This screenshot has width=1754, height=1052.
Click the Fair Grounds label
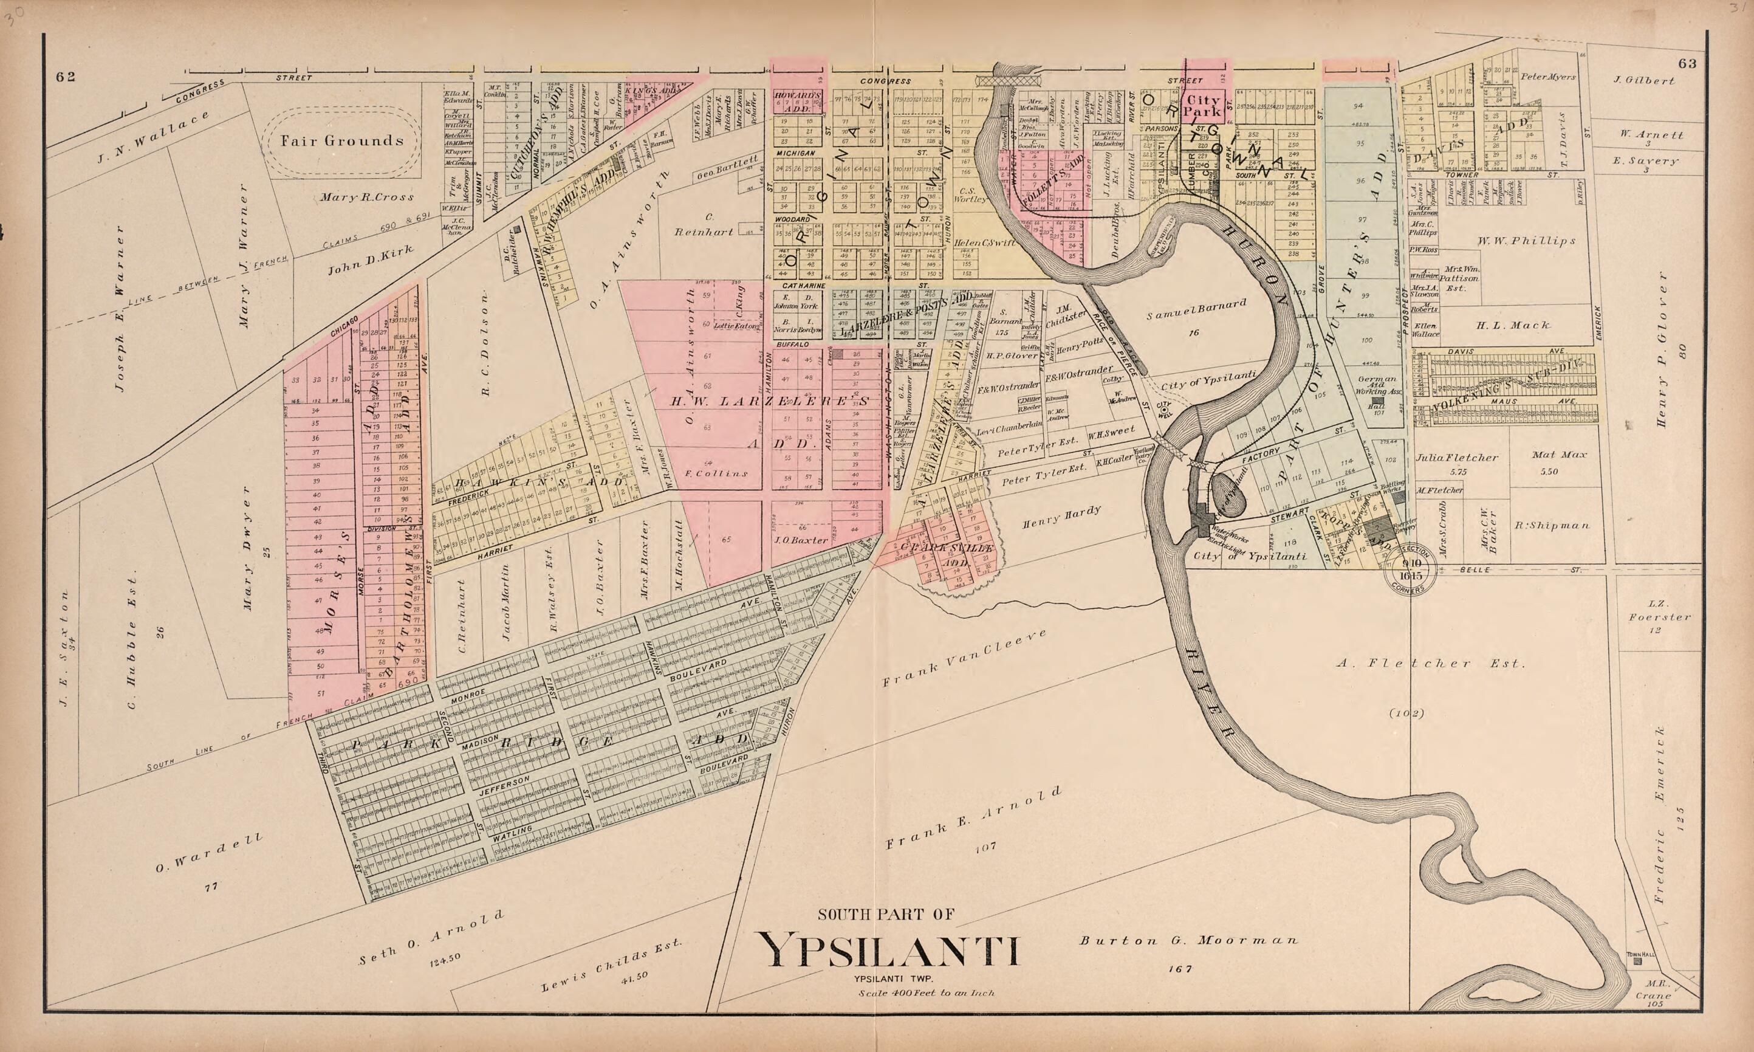pyautogui.click(x=341, y=140)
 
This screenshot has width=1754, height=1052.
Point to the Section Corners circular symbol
pyautogui.click(x=1410, y=568)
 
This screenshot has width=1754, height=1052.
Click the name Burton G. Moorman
pyautogui.click(x=1188, y=941)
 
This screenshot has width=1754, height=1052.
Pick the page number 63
pyautogui.click(x=1687, y=64)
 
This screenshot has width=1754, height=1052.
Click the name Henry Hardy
pyautogui.click(x=1061, y=518)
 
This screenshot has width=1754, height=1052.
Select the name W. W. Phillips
pyautogui.click(x=1526, y=241)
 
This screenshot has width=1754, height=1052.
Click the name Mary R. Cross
pyautogui.click(x=366, y=197)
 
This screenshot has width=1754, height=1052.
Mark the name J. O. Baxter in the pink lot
pyautogui.click(x=800, y=540)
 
